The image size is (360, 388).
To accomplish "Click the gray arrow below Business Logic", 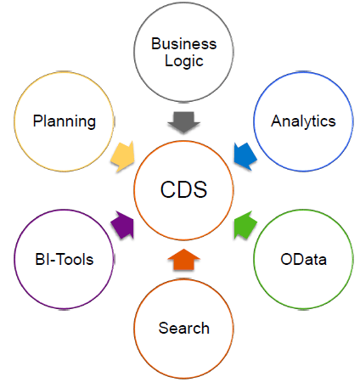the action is (x=184, y=122).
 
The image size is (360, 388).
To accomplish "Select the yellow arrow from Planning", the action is (x=123, y=156).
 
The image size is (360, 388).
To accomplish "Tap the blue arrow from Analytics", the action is (x=245, y=156).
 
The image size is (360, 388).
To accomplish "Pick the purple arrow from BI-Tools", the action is (x=123, y=225).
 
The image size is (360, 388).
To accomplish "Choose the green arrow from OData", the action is (x=245, y=225).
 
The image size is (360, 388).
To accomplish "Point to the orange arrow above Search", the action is (x=184, y=259).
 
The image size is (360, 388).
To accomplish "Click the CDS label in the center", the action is (x=184, y=189).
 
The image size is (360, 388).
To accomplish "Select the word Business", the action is (x=184, y=44).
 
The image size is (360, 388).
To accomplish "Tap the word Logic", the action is (x=184, y=61).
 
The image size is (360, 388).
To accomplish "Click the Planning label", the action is (x=65, y=121).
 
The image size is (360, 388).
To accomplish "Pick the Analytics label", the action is (x=303, y=121).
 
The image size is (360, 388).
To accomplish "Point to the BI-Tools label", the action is (x=65, y=259).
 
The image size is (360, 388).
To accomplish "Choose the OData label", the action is (x=303, y=259).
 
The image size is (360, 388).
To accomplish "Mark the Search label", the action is (x=184, y=328).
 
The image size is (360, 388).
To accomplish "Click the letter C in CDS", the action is (x=167, y=189).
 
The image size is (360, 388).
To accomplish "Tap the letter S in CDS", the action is (x=200, y=189).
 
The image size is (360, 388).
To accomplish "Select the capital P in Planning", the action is (x=37, y=121).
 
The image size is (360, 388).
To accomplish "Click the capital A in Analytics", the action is (x=277, y=121).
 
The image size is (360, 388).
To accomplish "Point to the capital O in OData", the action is (x=287, y=259).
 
